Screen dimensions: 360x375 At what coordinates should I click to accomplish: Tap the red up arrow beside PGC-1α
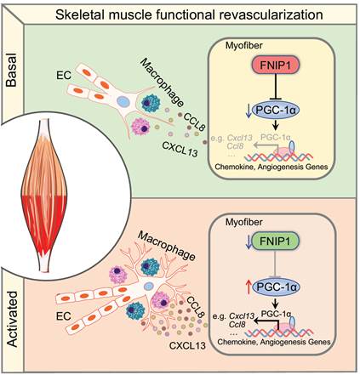[249, 287]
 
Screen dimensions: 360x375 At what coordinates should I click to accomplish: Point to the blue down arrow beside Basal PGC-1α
[249, 110]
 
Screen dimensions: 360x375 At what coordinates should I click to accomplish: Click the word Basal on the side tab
[12, 70]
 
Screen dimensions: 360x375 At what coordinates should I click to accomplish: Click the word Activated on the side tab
[13, 319]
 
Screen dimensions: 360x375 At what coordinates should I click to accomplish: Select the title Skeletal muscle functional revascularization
[189, 14]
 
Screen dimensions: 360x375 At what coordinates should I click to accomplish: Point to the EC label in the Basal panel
[64, 75]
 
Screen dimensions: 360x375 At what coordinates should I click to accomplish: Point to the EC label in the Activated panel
[64, 315]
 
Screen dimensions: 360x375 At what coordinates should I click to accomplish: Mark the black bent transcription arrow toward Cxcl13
[266, 321]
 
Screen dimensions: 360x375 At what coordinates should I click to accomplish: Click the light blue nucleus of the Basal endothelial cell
[123, 101]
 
